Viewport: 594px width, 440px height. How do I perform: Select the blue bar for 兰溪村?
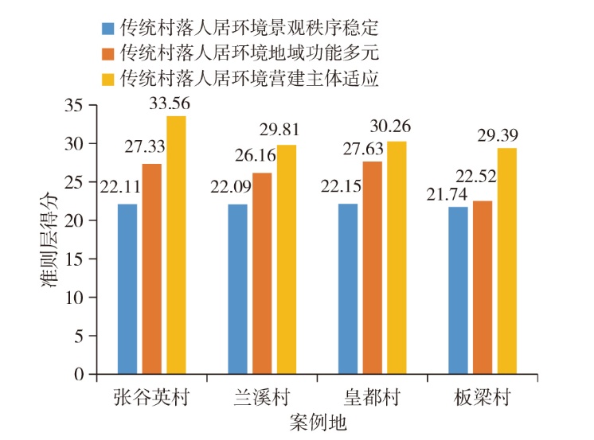pos(238,289)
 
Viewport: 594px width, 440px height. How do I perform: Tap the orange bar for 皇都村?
pos(373,267)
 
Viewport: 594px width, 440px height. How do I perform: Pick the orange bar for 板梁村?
pos(483,287)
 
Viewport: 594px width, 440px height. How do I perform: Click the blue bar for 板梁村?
pos(458,290)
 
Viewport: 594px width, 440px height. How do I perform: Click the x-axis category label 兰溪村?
pos(264,398)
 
